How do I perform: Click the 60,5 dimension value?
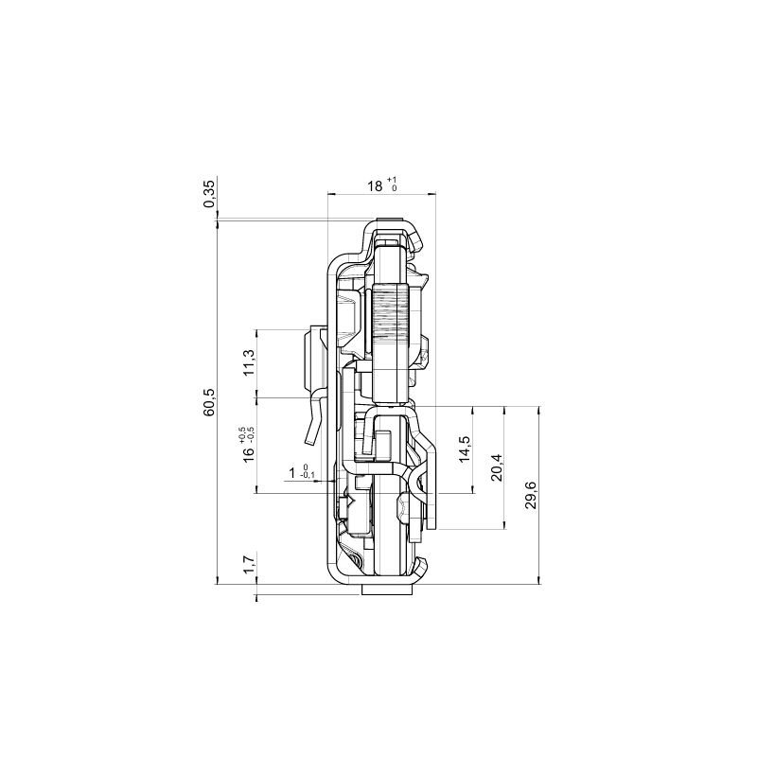[210, 403]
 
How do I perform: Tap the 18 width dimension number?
[375, 186]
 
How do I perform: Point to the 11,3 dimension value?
[248, 362]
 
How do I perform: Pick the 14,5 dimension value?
[465, 449]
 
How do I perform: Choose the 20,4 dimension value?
[497, 467]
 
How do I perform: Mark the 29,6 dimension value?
[531, 495]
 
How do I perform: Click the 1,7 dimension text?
[248, 564]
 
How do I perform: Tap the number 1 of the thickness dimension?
[292, 473]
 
